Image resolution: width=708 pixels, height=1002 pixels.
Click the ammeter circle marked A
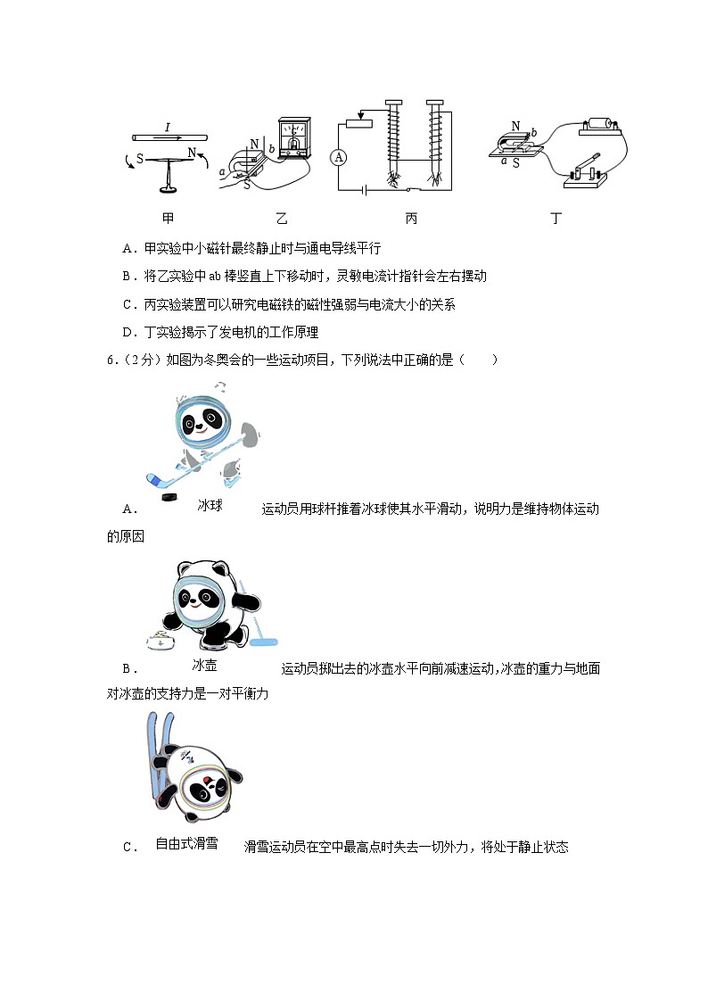coord(338,157)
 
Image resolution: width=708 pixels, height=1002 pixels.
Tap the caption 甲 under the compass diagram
coord(169,218)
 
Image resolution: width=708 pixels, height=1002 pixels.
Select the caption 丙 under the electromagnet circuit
coord(411,218)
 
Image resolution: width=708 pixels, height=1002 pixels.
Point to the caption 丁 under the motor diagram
coord(556,218)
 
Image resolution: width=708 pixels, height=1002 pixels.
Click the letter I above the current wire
coord(167,128)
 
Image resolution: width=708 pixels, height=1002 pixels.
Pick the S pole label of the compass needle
coord(140,159)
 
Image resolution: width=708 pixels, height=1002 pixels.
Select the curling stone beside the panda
coord(160,640)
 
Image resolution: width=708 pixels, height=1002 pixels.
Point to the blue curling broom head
coord(264,640)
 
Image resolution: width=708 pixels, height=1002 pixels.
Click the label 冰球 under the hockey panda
coord(210,506)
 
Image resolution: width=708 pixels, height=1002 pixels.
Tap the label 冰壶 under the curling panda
coord(205,666)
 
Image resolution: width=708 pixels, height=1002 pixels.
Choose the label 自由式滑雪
coord(186,843)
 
